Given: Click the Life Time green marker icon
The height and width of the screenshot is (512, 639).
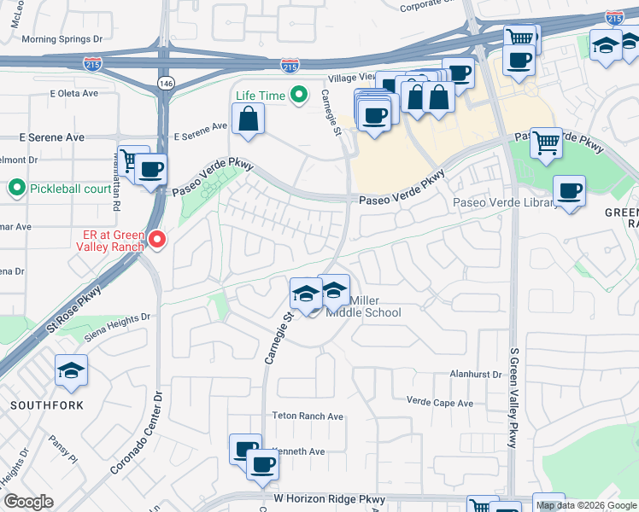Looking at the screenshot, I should (x=299, y=96).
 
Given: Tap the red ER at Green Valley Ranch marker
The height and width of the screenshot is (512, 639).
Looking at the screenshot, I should (x=156, y=241).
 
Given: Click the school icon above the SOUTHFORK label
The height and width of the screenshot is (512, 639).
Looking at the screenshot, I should (x=72, y=369).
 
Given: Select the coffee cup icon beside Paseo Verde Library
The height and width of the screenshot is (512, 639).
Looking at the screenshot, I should (x=569, y=191).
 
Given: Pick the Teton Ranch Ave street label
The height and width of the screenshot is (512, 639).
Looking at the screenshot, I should (x=308, y=416).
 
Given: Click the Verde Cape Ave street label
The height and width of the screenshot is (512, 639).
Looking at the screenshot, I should (x=440, y=403).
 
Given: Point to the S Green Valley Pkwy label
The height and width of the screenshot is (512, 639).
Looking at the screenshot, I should (x=513, y=397).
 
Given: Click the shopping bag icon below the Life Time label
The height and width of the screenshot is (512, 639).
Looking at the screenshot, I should (x=247, y=119).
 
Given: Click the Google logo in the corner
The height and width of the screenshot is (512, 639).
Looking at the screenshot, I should (x=28, y=502).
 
